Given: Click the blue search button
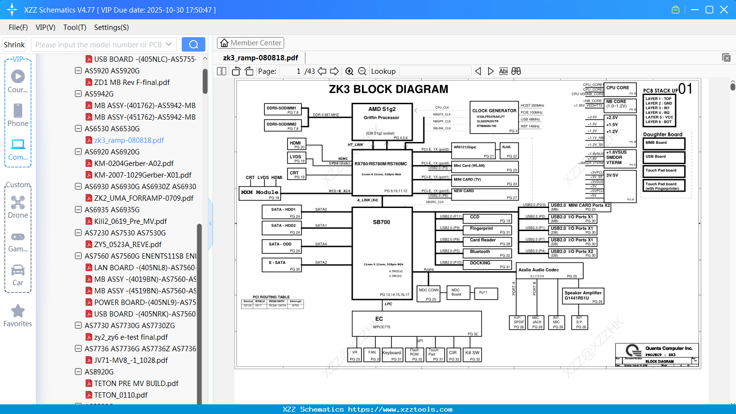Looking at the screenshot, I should (x=193, y=44).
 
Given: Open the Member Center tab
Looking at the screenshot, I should (x=250, y=43).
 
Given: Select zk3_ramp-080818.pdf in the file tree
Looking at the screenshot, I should (x=129, y=140).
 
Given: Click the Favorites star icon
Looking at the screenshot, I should (x=18, y=311).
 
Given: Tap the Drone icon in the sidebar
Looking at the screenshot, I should (x=18, y=203).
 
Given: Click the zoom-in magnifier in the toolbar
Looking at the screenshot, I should (x=349, y=71).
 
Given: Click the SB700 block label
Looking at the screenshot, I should (x=381, y=222).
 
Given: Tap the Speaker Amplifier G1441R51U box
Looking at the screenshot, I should (x=583, y=296).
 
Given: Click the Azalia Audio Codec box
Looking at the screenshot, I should (x=549, y=271).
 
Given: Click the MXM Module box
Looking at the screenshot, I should (x=260, y=193).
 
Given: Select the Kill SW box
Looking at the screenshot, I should (x=472, y=355).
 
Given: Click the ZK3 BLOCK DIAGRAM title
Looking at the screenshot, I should (x=389, y=89).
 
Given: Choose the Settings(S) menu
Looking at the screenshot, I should (x=111, y=28).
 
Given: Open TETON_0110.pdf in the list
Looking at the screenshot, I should (x=121, y=395).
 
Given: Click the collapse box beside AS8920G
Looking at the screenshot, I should (x=78, y=372).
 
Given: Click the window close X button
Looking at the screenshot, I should (x=724, y=10).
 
